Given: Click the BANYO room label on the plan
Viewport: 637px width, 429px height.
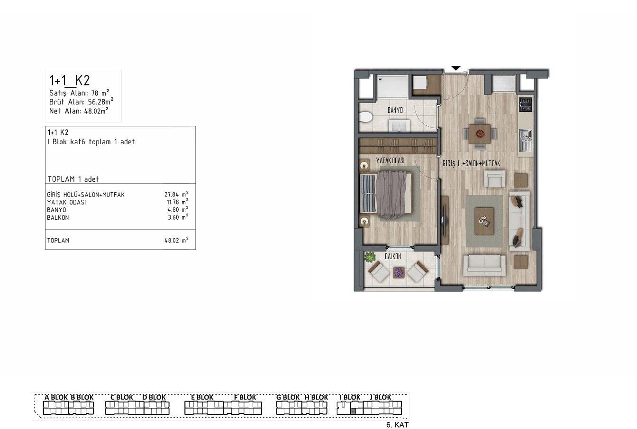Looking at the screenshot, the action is pyautogui.click(x=395, y=110).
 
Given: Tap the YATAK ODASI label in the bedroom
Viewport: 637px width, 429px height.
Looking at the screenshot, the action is pyautogui.click(x=390, y=161).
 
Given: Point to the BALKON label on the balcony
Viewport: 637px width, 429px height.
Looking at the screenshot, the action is pyautogui.click(x=393, y=256).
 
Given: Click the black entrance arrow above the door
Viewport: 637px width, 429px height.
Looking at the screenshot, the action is pyautogui.click(x=456, y=68).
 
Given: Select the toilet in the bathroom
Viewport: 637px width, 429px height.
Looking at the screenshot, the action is pyautogui.click(x=365, y=117).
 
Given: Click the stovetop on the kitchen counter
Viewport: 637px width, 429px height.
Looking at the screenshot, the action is pyautogui.click(x=526, y=104).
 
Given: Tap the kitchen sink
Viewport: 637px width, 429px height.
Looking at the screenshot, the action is pyautogui.click(x=526, y=140).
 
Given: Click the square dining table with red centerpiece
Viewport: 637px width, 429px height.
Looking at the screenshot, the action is pyautogui.click(x=480, y=134).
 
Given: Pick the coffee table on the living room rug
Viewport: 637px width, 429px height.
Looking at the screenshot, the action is pyautogui.click(x=484, y=221).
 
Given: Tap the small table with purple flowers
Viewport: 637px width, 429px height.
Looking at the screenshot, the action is pyautogui.click(x=398, y=272).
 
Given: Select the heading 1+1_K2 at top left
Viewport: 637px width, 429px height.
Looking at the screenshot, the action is pyautogui.click(x=70, y=80).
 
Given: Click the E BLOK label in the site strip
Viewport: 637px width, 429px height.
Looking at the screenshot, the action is pyautogui.click(x=202, y=397).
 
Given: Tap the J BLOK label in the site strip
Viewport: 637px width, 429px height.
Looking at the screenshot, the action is pyautogui.click(x=380, y=397).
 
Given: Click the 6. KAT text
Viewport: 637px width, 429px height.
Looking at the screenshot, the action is pyautogui.click(x=397, y=425).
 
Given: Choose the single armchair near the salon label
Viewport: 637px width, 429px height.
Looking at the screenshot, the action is pyautogui.click(x=495, y=179).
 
